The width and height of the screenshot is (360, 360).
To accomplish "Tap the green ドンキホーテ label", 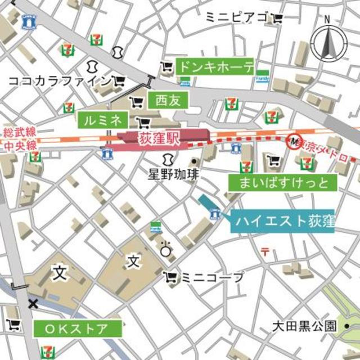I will pos(215,67).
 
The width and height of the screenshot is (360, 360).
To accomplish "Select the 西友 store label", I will pos(167,101).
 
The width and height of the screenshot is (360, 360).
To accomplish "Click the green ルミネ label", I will pos(103,119).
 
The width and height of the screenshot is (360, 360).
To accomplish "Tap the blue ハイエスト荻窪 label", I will pos(282,220).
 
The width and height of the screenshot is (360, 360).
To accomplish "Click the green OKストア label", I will pos(78,328).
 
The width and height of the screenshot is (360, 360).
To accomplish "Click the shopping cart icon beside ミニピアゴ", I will pos(277,19).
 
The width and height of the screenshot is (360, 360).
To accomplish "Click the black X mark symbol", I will pos(33,304).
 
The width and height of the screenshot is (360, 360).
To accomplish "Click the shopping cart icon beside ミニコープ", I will pos(170,277).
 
